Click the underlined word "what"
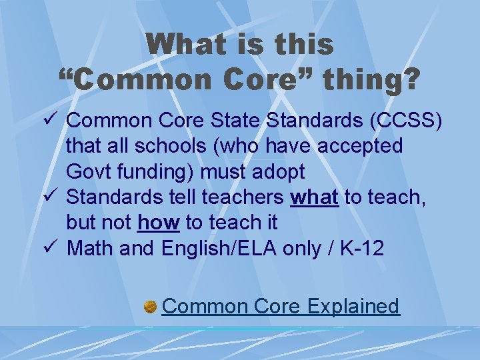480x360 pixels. coord(315,197)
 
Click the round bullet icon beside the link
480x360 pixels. coord(150,307)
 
